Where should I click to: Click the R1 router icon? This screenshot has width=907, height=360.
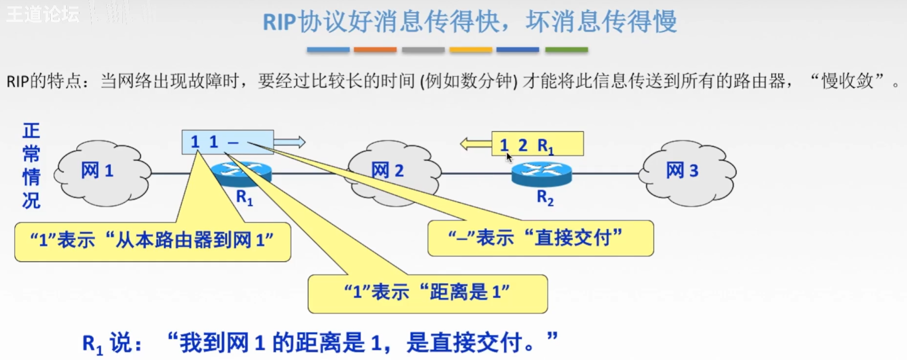coord(242,173)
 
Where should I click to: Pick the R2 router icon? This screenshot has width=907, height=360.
coord(542,174)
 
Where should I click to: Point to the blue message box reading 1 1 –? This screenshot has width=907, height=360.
coord(227,142)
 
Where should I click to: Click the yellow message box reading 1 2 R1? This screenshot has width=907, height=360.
coord(537,144)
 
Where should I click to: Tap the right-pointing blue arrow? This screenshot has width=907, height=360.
coord(290,142)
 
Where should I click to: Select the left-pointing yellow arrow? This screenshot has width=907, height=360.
coord(476,144)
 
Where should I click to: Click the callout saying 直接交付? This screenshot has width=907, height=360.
coord(540,238)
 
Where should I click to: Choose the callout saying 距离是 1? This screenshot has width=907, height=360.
coord(428,293)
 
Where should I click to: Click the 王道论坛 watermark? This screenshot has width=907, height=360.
coord(43,14)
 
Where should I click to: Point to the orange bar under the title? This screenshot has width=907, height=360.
coord(375,50)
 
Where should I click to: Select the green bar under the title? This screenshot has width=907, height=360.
coord(567,50)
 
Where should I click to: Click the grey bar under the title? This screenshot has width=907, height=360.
coord(423,50)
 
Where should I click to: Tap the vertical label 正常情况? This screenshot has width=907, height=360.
coord(31,165)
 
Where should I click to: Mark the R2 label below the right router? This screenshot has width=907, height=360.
coord(545,198)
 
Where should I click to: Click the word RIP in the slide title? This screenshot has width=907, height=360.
coord(279,22)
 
